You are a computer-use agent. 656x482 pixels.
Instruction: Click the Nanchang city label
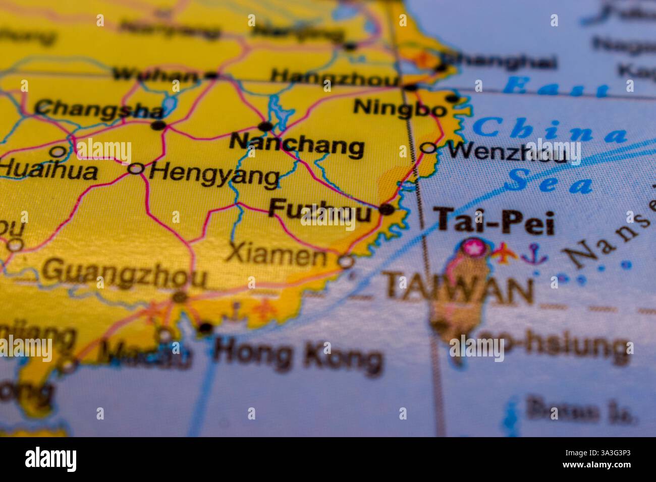pos(296,146)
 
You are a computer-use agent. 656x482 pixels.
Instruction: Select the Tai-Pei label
pos(496,222)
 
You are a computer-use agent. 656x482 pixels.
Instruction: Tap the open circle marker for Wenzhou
pos(428,148)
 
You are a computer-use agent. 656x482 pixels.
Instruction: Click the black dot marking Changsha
pos(158,125)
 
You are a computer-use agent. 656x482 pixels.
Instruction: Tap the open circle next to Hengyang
pos(135,168)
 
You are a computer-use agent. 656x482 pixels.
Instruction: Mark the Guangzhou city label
pos(124,275)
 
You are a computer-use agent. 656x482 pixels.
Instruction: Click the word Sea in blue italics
pos(550,183)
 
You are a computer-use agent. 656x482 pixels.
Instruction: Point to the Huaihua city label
pos(48,170)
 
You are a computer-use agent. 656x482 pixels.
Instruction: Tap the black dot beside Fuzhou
pos(387,209)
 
